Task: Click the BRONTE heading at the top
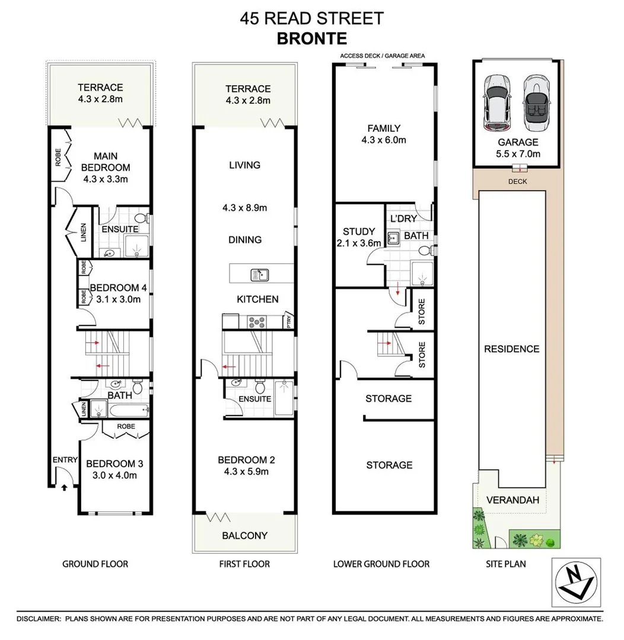[x=311, y=39]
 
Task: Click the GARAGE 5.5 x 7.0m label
[x=518, y=148]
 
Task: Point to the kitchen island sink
[x=259, y=274]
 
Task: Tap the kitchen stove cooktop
[x=257, y=322]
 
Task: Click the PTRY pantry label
[x=289, y=321]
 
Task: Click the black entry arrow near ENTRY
[x=64, y=487]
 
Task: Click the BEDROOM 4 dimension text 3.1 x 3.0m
[x=115, y=299]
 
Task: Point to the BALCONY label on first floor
[x=244, y=535]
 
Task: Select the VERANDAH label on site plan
[x=512, y=500]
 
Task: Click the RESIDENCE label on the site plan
[x=512, y=349]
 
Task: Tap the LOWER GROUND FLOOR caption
[x=381, y=564]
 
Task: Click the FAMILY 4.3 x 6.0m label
[x=384, y=134]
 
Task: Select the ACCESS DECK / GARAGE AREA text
[x=382, y=56]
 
